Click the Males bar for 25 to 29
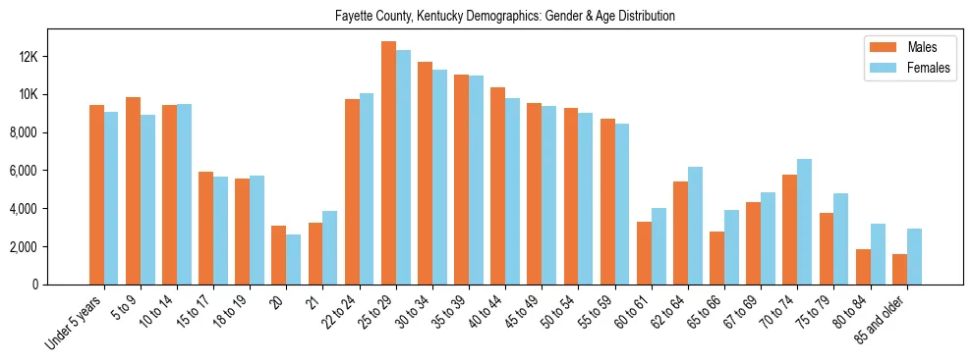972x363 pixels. (388, 163)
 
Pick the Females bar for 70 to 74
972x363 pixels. (804, 222)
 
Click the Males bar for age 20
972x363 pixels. (278, 255)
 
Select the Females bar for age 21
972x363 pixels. (329, 247)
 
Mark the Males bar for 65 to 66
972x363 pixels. (716, 258)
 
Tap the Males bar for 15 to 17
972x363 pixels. (205, 228)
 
